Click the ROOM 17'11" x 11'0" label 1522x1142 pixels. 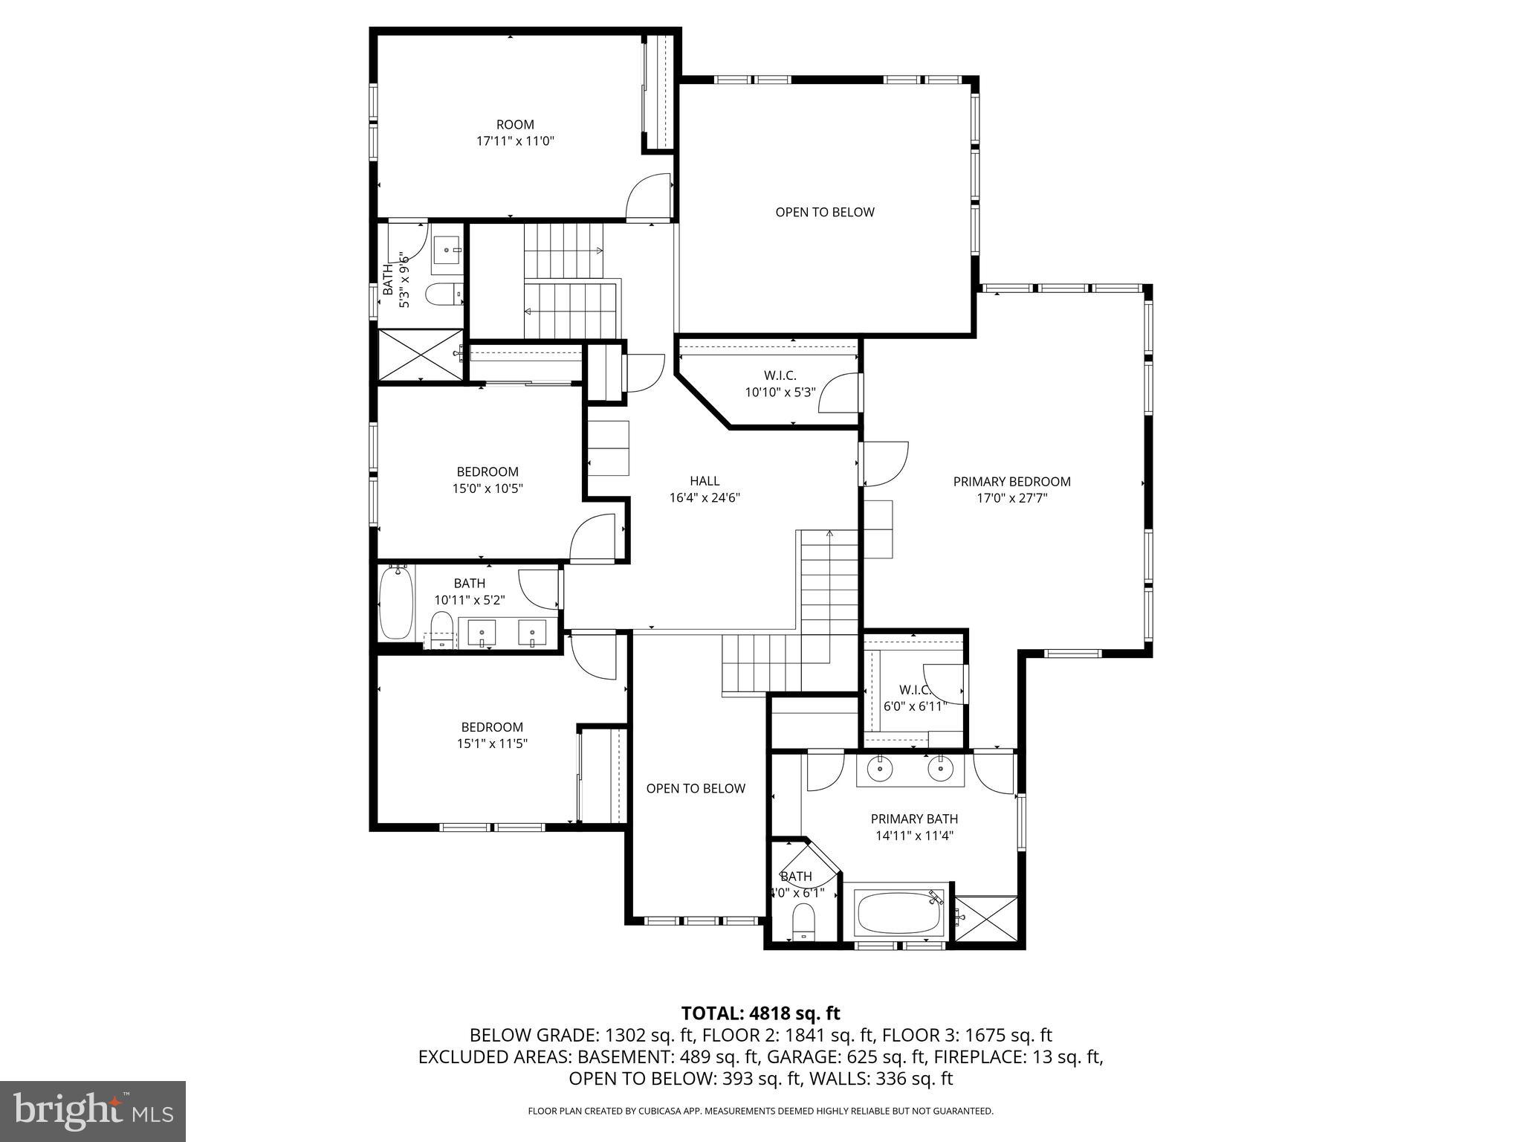coord(515,132)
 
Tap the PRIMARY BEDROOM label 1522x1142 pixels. coord(1011,489)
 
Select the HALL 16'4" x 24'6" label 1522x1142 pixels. coord(704,489)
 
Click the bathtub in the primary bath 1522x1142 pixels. coord(899,914)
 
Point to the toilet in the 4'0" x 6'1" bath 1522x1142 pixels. coord(803,922)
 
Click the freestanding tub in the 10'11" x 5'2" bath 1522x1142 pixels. coord(396,604)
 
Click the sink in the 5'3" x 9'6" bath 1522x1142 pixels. coord(448,255)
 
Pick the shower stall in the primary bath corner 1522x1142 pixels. coord(985,919)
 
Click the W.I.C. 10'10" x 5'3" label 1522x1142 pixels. coord(780,384)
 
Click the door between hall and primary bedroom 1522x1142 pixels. coord(884,464)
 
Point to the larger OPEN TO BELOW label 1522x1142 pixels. coord(824,213)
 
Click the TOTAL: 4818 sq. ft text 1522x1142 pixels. coord(760,1013)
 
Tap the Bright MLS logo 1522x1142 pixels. coord(93,1111)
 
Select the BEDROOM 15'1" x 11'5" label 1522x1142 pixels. coord(492,735)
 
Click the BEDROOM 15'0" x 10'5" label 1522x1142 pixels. coord(487,480)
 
